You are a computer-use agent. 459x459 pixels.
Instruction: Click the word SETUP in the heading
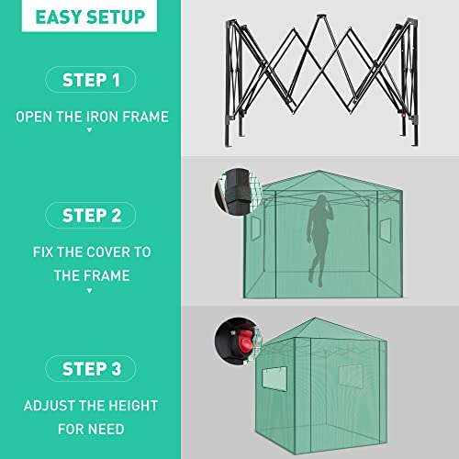(117, 17)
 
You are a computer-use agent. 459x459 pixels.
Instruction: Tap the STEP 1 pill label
(90, 81)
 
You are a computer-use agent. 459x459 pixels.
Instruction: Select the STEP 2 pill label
(90, 216)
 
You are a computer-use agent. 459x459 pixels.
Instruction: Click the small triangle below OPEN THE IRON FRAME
(90, 130)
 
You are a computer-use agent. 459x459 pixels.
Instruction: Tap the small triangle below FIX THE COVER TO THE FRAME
(90, 290)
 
